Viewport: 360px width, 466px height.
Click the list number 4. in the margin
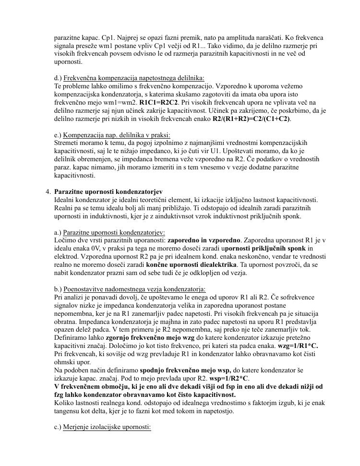coord(48,191)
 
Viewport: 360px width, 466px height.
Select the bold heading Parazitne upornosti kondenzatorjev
coord(108,191)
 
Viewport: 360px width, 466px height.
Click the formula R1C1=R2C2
coord(159,103)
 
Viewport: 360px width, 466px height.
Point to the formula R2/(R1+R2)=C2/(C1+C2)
coord(252,119)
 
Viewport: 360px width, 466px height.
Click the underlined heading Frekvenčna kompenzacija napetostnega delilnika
coord(133,78)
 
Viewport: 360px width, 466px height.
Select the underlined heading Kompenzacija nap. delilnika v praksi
coord(117,135)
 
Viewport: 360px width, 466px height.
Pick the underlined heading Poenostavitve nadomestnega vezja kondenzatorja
coord(134,289)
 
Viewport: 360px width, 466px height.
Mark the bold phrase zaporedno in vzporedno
coord(204,240)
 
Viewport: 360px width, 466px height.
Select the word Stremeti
coord(67,143)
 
